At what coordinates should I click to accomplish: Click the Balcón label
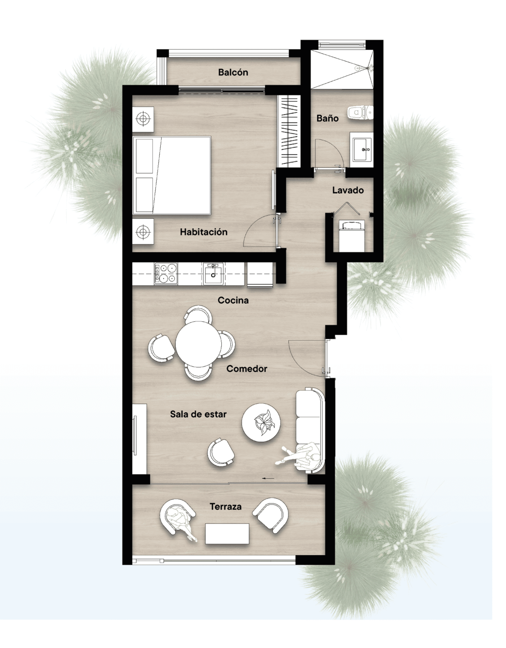pos(233,72)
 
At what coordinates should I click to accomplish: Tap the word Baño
pos(328,118)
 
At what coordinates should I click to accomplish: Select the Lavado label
pos(348,190)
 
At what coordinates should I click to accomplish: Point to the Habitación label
pos(204,232)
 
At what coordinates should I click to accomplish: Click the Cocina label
pos(233,300)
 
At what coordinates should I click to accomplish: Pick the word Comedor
pos(246,369)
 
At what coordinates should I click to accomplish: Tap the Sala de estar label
pos(198,414)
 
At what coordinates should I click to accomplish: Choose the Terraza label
pos(226,507)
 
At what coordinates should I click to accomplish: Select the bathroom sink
pos(361,149)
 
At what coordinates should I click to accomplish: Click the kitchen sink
pos(213,274)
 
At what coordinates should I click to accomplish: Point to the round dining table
pos(199,344)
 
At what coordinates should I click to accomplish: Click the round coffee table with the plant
pos(261,423)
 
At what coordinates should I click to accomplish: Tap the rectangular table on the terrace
pos(227,534)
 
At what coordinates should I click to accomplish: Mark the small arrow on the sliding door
pos(268,479)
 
